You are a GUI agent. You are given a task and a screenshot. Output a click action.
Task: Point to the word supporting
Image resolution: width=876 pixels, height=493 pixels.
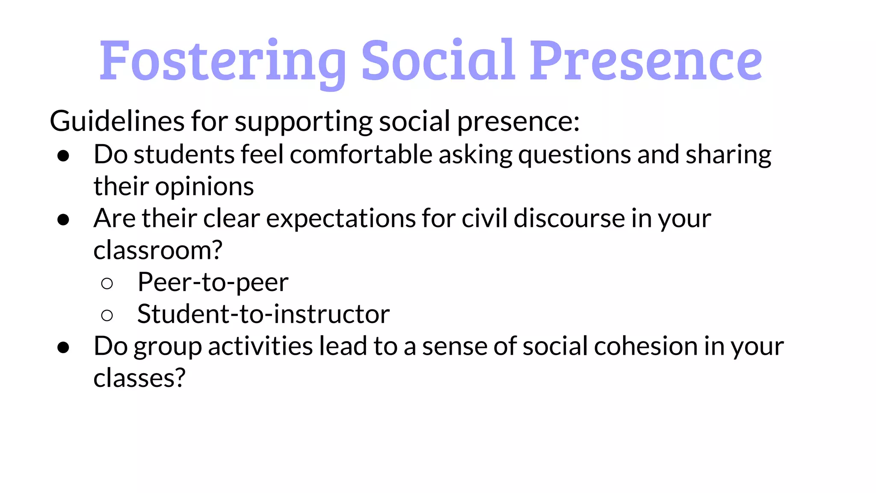pos(303,122)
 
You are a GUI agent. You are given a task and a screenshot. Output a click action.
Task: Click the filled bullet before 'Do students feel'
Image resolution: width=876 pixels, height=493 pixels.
pos(63,156)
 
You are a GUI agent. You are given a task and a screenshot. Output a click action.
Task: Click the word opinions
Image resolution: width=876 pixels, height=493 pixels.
pos(204,187)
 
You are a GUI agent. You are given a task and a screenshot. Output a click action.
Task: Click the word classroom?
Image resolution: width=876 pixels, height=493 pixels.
pos(158,250)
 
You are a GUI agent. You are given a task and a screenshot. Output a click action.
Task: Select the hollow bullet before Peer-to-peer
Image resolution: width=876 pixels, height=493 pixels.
pos(107,283)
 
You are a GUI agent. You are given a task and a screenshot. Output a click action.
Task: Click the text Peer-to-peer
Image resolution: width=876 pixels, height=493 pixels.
pos(213,282)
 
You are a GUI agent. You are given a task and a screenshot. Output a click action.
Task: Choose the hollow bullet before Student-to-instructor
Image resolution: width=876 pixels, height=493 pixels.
pos(107,315)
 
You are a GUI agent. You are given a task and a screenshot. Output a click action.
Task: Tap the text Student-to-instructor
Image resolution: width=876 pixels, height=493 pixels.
pos(263,314)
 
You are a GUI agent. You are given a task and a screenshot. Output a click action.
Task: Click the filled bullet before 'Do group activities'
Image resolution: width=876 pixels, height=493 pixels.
pos(63,347)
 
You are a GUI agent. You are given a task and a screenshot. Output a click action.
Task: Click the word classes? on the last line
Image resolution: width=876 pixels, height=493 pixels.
pos(139,378)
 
